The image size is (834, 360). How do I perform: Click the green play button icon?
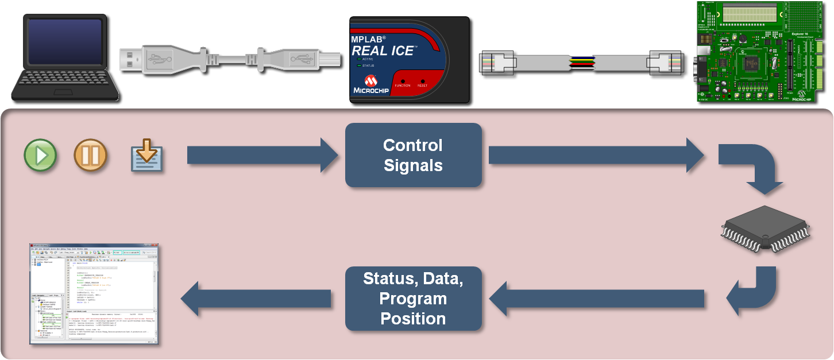40,155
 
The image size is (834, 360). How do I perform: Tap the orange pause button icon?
90,155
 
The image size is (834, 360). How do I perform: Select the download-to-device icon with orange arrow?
147,156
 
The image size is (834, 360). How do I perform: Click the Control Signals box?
413,155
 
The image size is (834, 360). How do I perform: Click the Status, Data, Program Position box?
413,299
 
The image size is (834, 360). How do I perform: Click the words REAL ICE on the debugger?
383,51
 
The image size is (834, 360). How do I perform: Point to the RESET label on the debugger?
422,86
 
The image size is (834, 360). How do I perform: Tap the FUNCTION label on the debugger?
403,86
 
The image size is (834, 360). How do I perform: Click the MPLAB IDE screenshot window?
94,295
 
